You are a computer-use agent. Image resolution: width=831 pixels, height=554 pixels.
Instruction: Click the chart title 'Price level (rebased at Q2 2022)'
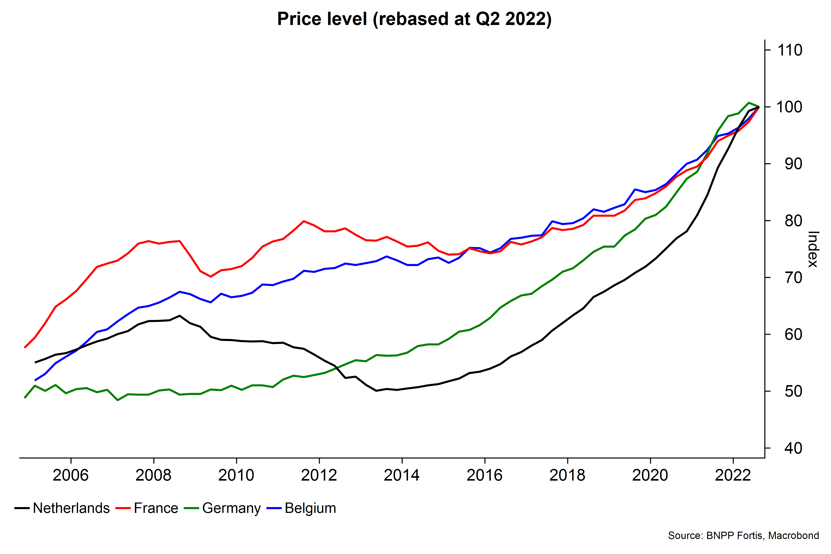(414, 19)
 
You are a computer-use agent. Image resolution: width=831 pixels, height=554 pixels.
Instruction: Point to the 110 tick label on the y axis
(790, 50)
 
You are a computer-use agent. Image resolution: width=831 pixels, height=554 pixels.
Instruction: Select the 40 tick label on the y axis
(793, 448)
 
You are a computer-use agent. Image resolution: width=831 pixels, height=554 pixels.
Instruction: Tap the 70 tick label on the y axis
(793, 278)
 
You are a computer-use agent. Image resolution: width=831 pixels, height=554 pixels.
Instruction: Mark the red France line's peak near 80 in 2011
(304, 221)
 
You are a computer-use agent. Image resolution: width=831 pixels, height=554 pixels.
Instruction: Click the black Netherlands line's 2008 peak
(180, 315)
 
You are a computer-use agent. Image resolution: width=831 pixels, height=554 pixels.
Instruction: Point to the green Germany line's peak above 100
(749, 103)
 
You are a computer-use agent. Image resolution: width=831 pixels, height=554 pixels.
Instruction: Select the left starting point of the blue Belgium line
(35, 380)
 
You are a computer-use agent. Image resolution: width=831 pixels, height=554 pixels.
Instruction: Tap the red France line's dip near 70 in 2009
(211, 277)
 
